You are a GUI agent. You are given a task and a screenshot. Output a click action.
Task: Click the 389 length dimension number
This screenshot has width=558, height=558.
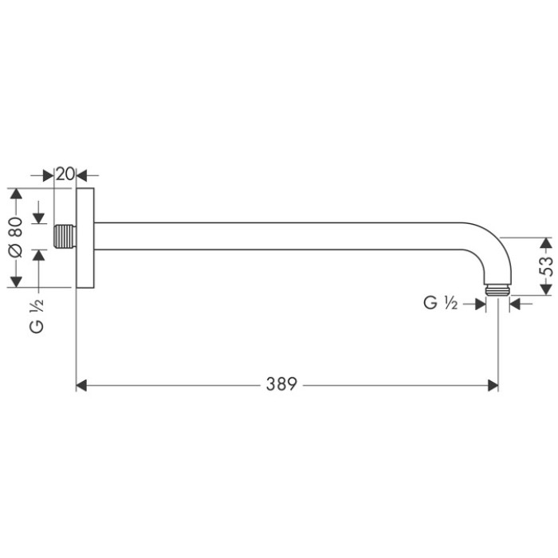(282, 385)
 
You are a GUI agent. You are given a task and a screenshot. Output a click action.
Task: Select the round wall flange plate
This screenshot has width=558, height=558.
(85, 238)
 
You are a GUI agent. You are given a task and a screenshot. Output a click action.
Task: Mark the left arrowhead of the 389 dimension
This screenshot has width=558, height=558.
(81, 385)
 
